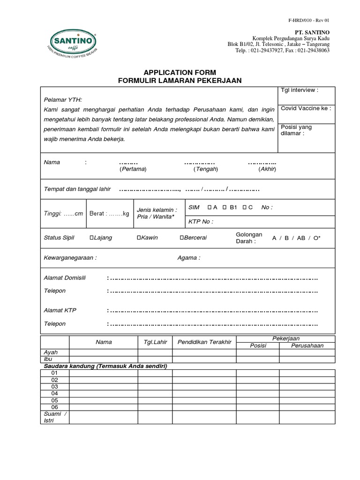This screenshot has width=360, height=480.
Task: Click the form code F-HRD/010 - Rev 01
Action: click(309, 20)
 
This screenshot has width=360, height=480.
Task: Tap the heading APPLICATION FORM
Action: click(180, 72)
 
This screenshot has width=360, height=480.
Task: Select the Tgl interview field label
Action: click(299, 90)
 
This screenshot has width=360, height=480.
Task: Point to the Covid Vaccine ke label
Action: click(306, 108)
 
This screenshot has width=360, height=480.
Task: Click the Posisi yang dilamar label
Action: click(296, 130)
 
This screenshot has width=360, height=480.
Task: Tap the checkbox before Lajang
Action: click(92, 238)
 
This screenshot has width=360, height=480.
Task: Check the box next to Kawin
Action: click(139, 238)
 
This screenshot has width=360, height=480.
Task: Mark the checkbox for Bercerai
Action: click(182, 238)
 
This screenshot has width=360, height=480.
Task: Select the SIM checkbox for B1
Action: click(225, 207)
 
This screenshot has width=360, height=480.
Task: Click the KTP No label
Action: click(201, 222)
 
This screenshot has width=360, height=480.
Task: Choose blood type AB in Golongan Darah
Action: click(301, 238)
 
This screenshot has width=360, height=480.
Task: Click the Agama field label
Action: click(188, 258)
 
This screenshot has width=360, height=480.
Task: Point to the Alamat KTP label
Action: click(60, 310)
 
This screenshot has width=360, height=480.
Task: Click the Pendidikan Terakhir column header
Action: click(204, 342)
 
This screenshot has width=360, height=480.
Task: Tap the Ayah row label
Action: click(50, 352)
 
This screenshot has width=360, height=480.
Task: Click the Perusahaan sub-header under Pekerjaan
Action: click(307, 345)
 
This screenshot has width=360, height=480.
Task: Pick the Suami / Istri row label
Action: click(55, 417)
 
